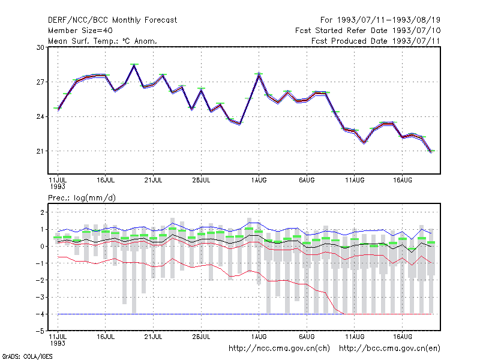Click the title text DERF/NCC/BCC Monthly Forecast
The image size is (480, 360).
112,20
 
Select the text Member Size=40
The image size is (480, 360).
80,31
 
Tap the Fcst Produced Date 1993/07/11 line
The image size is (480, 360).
376,41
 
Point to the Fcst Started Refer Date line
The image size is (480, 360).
368,31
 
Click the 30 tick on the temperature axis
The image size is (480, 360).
40,47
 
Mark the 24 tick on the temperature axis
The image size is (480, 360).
40,116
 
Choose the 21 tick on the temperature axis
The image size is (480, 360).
40,151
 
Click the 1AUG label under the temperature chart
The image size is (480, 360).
259,181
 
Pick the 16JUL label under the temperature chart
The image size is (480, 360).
106,181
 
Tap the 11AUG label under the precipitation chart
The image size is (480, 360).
355,337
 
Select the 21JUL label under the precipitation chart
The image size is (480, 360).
154,337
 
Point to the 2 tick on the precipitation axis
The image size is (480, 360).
42,212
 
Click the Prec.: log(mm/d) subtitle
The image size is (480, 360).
82,198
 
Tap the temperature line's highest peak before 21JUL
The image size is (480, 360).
134,65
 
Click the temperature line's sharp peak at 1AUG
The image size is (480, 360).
259,74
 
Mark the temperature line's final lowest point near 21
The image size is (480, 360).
431,152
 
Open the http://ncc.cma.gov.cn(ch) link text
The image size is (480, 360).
279,349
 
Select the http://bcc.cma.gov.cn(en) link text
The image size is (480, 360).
389,349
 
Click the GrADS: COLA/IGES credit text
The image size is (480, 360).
27,356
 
